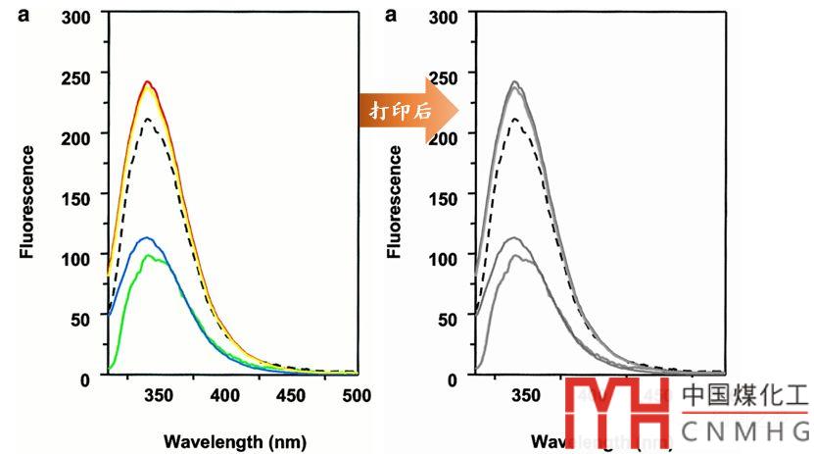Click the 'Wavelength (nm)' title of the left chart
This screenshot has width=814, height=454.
point(227,441)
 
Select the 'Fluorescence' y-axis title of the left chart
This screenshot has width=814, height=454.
point(28,202)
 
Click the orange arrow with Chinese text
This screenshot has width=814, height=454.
point(407,110)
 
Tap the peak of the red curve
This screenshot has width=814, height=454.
point(147,81)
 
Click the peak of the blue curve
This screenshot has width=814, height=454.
point(147,237)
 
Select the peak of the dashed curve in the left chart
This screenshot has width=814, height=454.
point(148,119)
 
